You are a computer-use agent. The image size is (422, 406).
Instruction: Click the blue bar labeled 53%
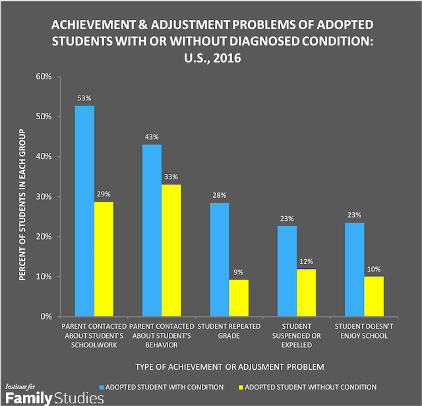tap(84, 211)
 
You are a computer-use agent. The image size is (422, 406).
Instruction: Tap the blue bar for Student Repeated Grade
tap(220, 260)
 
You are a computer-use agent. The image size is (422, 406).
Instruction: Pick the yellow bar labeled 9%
tap(239, 298)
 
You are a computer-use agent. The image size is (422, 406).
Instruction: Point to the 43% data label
tap(152, 136)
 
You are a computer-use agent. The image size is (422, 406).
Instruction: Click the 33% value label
tap(171, 177)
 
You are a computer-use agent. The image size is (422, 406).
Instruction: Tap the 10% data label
tap(373, 268)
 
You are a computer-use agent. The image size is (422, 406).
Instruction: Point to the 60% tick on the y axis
tap(44, 76)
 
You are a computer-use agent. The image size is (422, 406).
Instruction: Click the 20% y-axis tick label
tap(44, 237)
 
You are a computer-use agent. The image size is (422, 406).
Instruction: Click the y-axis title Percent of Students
tap(22, 196)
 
